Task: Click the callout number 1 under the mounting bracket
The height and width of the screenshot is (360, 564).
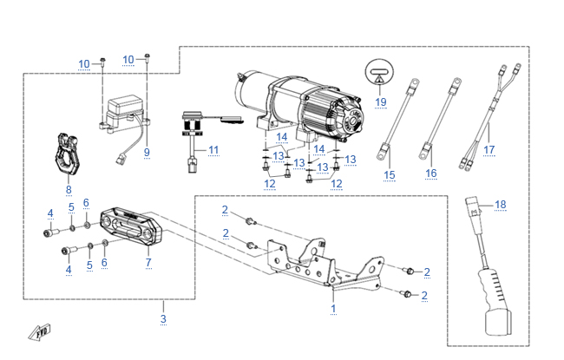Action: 334,307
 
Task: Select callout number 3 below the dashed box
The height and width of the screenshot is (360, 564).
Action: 163,319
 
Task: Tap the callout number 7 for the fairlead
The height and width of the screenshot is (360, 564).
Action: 148,261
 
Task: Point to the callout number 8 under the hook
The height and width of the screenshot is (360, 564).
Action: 69,188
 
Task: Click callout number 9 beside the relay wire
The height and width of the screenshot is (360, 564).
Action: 147,152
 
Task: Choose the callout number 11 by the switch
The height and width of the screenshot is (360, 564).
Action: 213,150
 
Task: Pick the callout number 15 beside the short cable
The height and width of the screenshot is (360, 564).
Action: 390,176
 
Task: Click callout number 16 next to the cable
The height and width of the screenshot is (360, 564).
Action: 431,173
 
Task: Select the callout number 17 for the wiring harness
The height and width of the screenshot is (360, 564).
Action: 489,149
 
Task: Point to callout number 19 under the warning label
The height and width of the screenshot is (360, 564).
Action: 380,101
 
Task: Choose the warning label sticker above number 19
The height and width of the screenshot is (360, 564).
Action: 380,72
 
